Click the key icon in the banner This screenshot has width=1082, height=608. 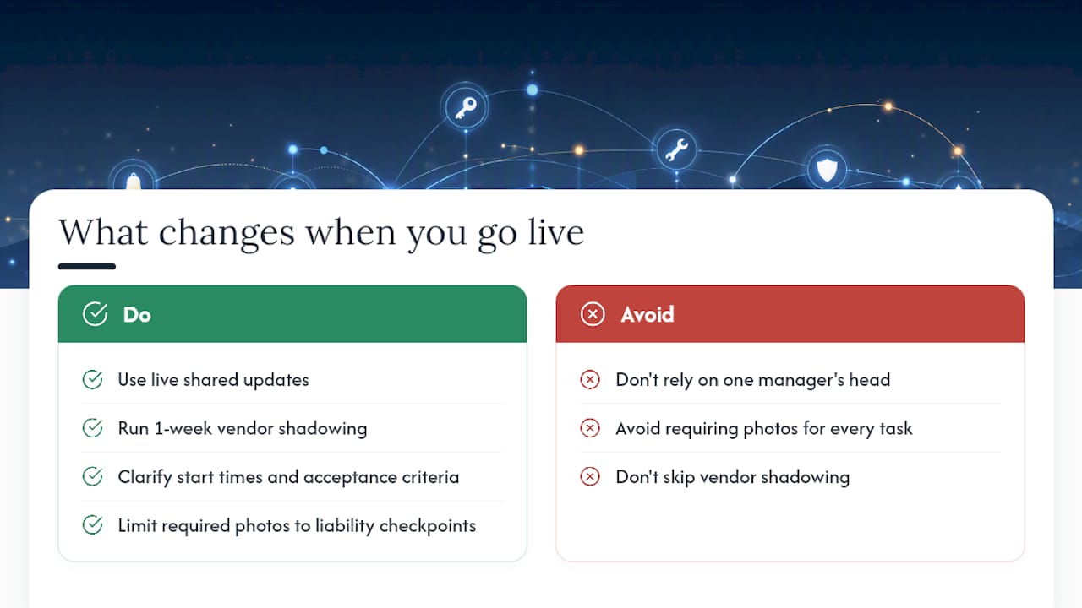coord(466,108)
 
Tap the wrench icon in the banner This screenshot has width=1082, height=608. coord(677,149)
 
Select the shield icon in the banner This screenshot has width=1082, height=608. coord(827,170)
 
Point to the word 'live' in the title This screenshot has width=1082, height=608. coord(555,232)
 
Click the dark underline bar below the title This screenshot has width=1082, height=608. coord(87,266)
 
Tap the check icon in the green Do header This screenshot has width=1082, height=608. coord(96,314)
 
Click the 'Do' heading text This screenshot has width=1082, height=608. coord(137,315)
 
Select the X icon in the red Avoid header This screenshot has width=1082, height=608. coord(593,314)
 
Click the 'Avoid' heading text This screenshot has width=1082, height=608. coord(648,315)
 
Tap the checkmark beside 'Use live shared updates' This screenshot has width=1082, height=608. coord(92,379)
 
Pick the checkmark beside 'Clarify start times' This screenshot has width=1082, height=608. coord(92,477)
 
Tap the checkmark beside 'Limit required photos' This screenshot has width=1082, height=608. coord(92,525)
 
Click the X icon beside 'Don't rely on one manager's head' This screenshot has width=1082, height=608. coord(590,379)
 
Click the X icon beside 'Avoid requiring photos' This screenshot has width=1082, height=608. coord(590,428)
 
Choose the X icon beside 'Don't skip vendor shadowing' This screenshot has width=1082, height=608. coord(590,477)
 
